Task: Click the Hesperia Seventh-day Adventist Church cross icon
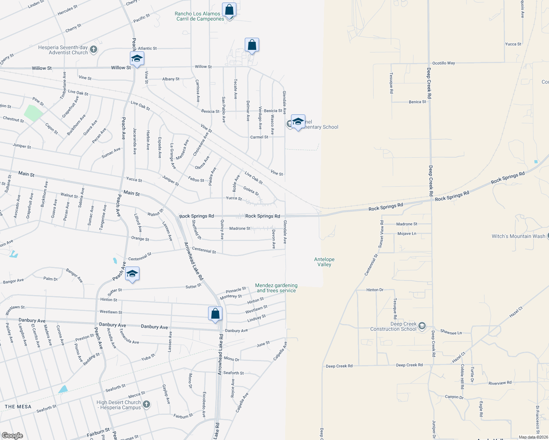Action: click(94, 49)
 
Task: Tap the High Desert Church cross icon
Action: click(146, 404)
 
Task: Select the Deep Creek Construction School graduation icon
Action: click(422, 326)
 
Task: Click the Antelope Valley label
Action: click(324, 262)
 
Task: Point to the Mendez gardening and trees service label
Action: click(276, 288)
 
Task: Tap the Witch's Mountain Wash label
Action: click(518, 236)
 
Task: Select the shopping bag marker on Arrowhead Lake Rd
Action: click(215, 314)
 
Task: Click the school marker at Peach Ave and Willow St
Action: click(137, 59)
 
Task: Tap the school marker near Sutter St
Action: click(132, 274)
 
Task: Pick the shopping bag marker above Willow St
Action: click(252, 45)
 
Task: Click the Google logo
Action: click(12, 435)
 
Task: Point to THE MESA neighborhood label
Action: click(18, 407)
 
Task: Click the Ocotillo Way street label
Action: click(443, 63)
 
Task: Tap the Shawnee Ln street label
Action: click(451, 332)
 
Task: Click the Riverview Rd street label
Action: click(500, 383)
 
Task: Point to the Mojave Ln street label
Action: click(407, 234)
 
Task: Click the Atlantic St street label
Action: click(147, 48)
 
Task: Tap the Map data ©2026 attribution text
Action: click(533, 437)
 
